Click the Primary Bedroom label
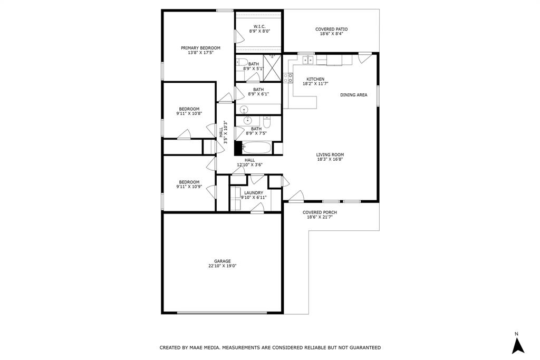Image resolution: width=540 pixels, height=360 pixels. [x=200, y=48]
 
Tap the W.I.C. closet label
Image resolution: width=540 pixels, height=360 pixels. [x=259, y=26]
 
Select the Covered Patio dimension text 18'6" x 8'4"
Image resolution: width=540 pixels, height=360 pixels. [x=331, y=34]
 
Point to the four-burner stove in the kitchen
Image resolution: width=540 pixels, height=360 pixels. [x=288, y=78]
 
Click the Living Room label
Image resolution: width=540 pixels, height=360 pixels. [x=330, y=155]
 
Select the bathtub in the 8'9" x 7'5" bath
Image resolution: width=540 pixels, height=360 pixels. [x=257, y=148]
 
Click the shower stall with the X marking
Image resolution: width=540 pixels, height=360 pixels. [x=273, y=66]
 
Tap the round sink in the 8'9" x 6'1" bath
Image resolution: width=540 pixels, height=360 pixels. [x=244, y=110]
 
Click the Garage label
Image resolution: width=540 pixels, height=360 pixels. [x=222, y=261]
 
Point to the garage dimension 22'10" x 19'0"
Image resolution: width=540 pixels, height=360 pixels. [x=222, y=266]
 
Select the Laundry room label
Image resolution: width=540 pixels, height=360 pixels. [x=254, y=193]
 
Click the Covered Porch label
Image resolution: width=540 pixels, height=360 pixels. [x=320, y=212]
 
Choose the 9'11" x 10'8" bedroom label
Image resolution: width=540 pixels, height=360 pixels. [x=188, y=109]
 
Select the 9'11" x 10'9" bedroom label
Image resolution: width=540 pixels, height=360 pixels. [x=188, y=182]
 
